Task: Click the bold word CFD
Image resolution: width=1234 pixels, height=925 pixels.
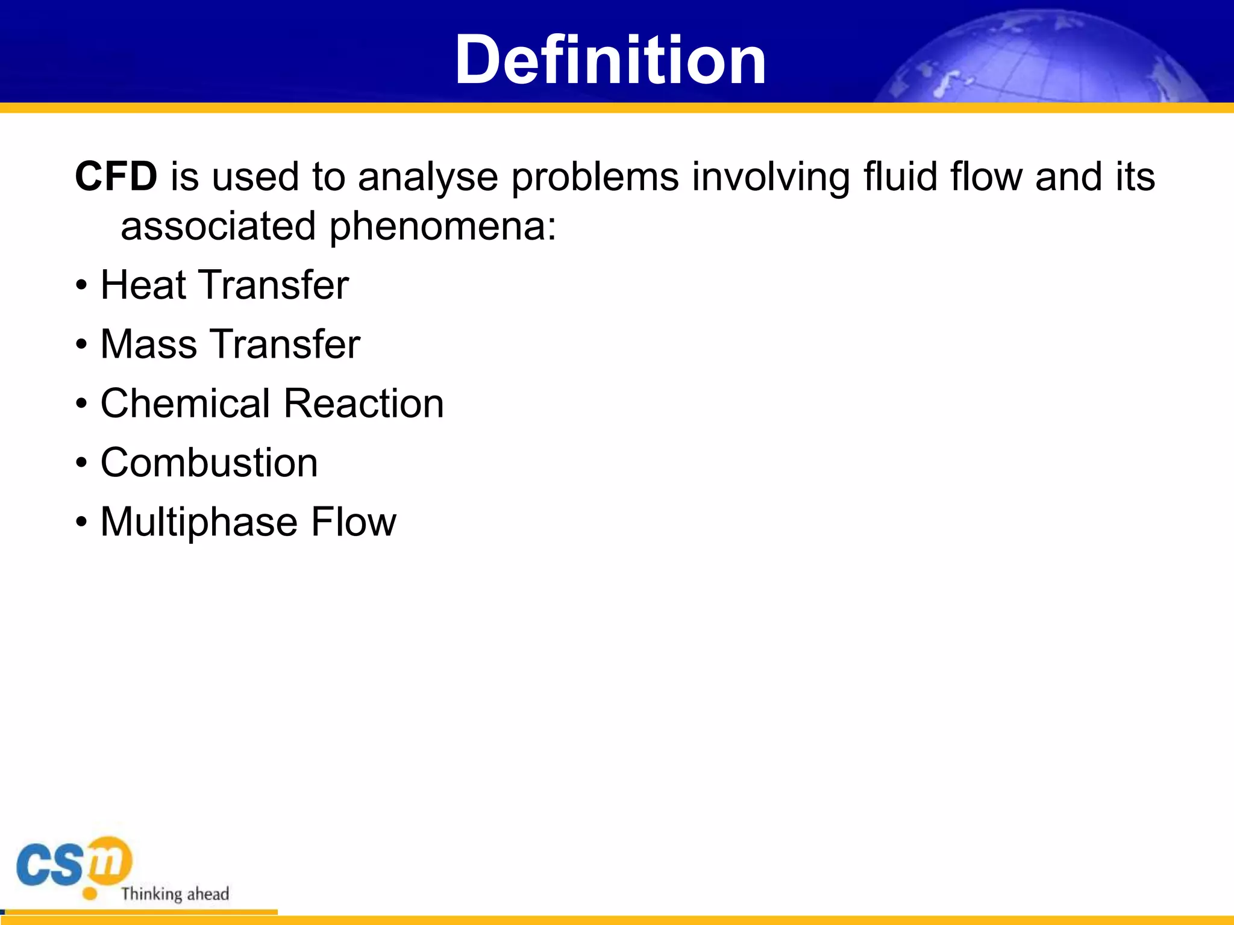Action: click(x=116, y=177)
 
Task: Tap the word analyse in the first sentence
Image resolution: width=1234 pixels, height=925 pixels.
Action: click(x=427, y=178)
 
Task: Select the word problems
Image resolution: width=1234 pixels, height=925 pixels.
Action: click(x=595, y=178)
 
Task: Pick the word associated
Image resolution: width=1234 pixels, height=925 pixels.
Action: click(x=218, y=227)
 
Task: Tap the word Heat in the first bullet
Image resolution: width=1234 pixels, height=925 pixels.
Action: click(x=143, y=285)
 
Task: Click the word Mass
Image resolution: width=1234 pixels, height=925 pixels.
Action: click(x=148, y=344)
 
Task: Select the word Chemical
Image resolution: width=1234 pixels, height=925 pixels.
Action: click(x=185, y=403)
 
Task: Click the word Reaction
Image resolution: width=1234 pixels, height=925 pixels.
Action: click(x=363, y=403)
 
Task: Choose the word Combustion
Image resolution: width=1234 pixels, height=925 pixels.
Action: click(x=208, y=463)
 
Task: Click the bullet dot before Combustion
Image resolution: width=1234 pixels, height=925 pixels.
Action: click(x=81, y=464)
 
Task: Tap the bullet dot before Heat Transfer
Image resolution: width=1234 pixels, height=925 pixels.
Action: click(x=81, y=286)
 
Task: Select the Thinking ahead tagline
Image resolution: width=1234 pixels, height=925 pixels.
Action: click(x=175, y=894)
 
